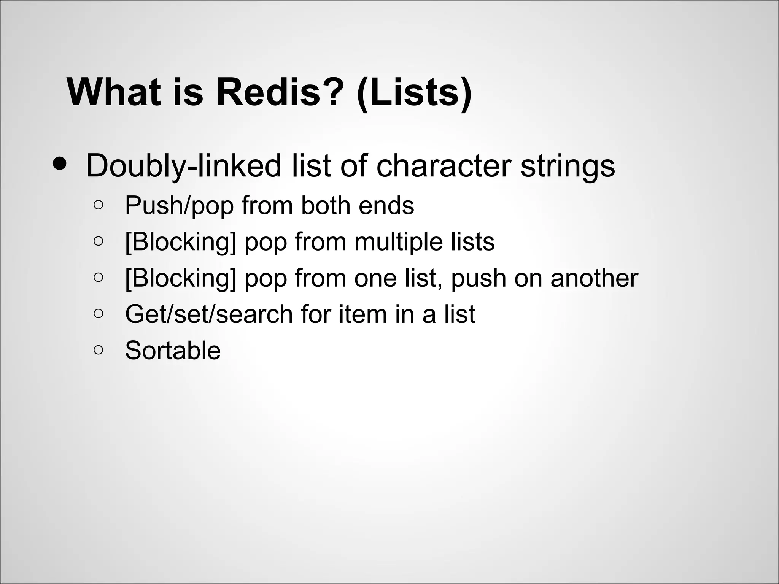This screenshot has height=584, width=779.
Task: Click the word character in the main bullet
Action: (x=443, y=166)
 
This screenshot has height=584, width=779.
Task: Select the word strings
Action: (x=567, y=167)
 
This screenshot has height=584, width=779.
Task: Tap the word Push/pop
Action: (x=179, y=206)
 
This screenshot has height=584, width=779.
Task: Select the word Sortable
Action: (x=173, y=351)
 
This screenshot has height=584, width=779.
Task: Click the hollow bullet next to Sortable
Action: (x=98, y=350)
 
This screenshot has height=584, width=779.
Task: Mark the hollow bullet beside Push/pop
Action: (x=98, y=205)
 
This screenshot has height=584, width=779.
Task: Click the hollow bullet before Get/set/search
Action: (x=98, y=314)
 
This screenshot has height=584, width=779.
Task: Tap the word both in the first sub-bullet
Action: (x=325, y=205)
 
